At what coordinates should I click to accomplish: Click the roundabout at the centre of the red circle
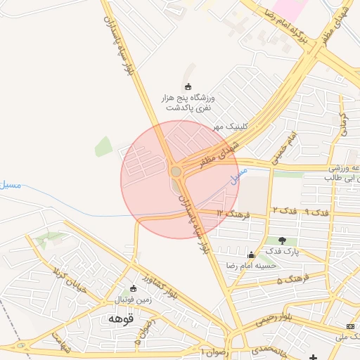pyautogui.click(x=176, y=172)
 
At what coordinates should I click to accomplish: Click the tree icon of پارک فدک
pyautogui.click(x=282, y=241)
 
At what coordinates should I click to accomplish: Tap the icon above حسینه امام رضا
pyautogui.click(x=251, y=255)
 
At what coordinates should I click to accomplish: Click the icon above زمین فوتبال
pyautogui.click(x=134, y=288)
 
